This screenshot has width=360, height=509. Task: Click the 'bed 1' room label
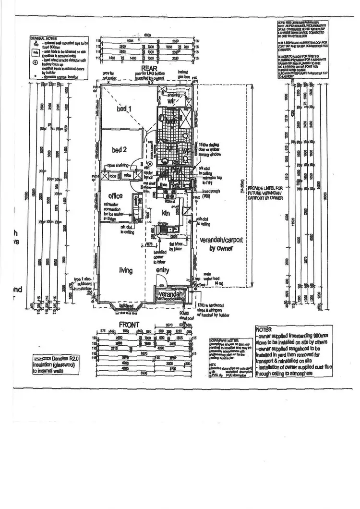point(124,109)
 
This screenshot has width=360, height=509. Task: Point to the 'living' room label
point(126,271)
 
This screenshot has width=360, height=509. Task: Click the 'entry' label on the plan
point(163,271)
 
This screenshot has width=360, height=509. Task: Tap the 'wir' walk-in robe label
point(172,101)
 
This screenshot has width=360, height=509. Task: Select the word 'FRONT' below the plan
point(129,324)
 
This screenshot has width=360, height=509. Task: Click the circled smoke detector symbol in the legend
point(34,61)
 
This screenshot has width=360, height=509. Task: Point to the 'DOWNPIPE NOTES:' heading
point(222,339)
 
